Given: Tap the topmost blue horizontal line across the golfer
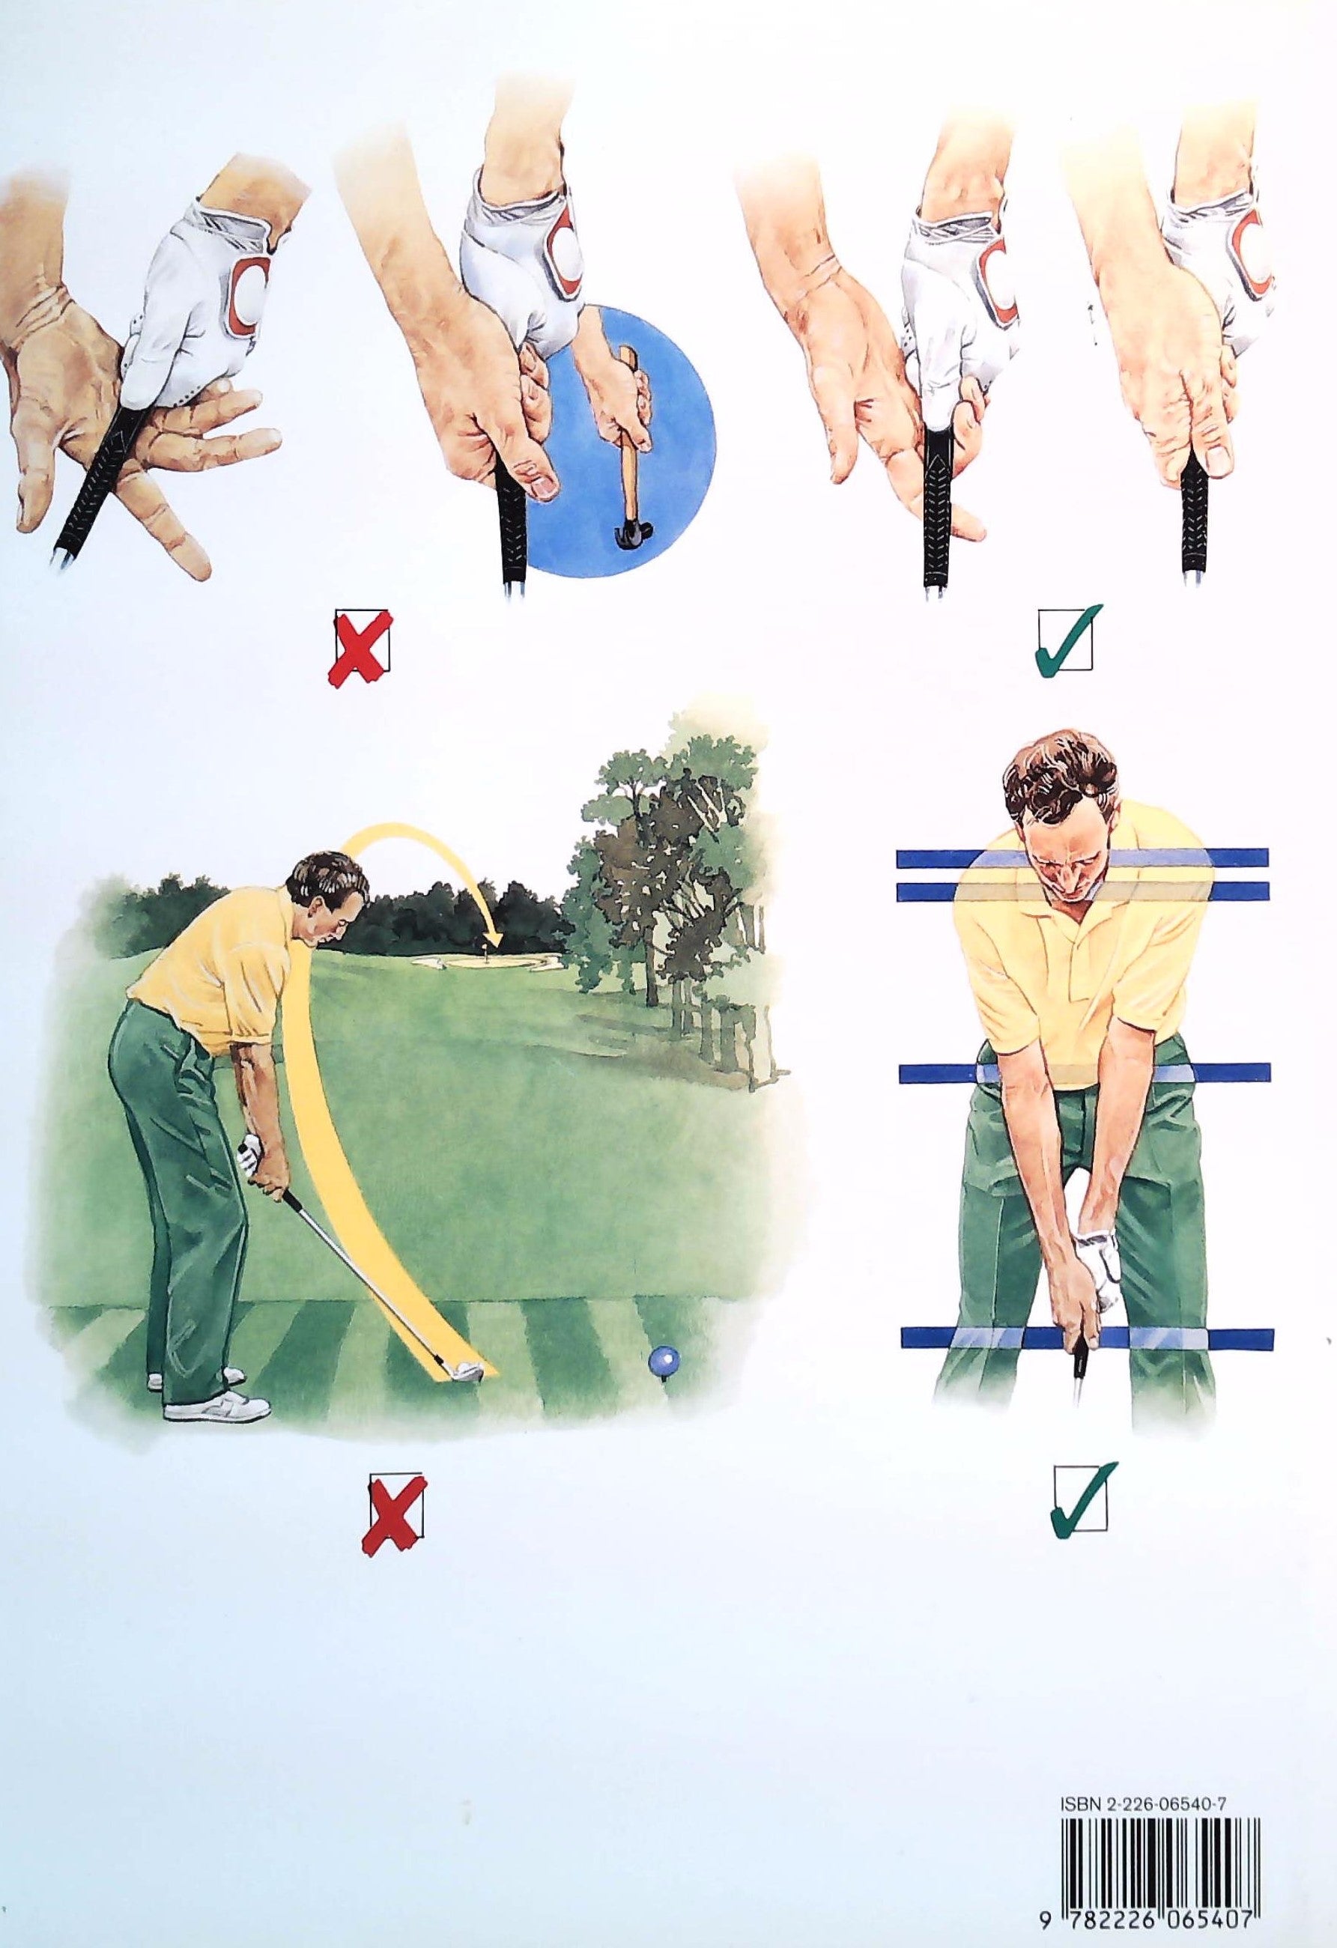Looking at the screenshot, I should pyautogui.click(x=1082, y=858).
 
